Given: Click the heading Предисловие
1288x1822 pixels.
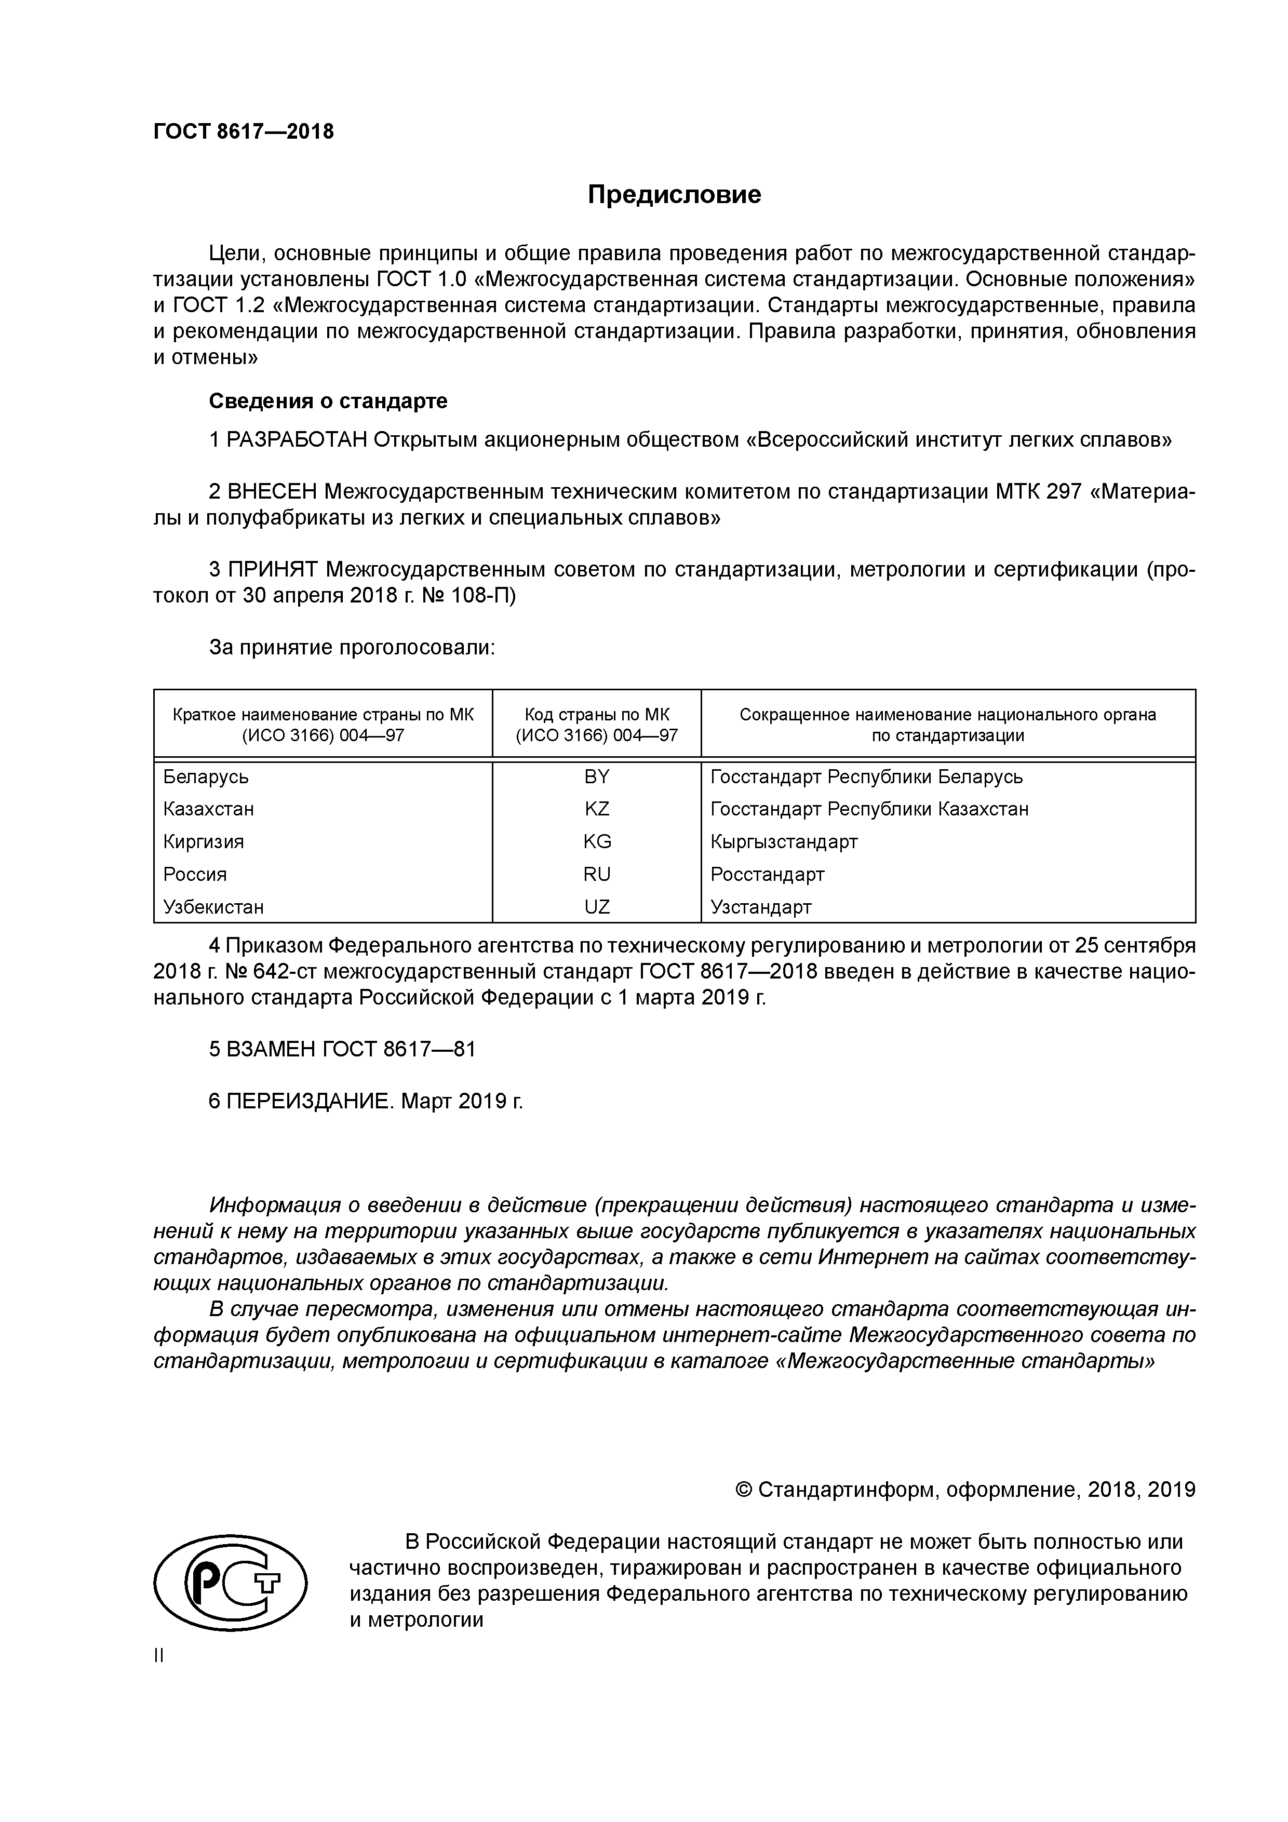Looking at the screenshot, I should pyautogui.click(x=674, y=194).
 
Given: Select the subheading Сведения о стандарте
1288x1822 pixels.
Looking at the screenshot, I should pyautogui.click(x=328, y=401).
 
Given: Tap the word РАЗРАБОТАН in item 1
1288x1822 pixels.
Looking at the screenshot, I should pyautogui.click(x=297, y=439).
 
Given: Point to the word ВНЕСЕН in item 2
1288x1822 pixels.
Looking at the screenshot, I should pyautogui.click(x=272, y=492).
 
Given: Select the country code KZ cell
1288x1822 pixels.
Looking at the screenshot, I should pyautogui.click(x=596, y=809).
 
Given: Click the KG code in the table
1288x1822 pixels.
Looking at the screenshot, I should pyautogui.click(x=597, y=842).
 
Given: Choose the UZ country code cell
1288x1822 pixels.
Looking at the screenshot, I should pyautogui.click(x=596, y=907).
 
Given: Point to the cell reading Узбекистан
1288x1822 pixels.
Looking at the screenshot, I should pyautogui.click(x=213, y=907).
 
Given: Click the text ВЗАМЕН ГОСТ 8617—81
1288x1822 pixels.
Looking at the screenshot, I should pyautogui.click(x=342, y=1050).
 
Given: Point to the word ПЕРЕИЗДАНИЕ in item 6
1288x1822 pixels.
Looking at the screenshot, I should pyautogui.click(x=310, y=1102).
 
